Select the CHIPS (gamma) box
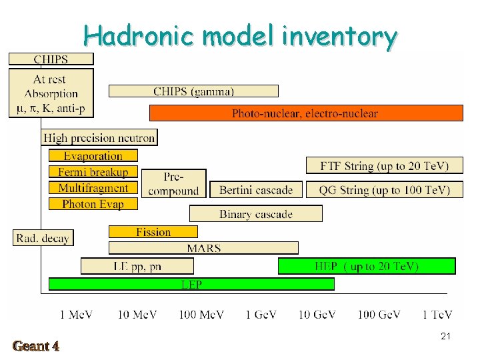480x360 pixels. click(193, 91)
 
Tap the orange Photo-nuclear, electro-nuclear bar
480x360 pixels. click(305, 113)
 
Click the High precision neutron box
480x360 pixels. click(99, 138)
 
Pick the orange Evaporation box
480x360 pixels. click(93, 156)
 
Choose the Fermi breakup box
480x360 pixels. click(93, 172)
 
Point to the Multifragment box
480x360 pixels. click(93, 188)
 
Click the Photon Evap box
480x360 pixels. click(93, 204)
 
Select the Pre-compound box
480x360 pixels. click(173, 184)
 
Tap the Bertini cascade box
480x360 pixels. click(256, 190)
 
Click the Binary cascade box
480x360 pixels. click(256, 214)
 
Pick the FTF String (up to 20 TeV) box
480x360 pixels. click(384, 165)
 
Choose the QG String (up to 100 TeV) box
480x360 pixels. click(384, 190)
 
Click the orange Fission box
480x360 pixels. click(153, 232)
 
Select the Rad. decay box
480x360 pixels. click(43, 238)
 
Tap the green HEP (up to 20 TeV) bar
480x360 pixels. click(367, 267)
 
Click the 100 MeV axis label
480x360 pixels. click(201, 315)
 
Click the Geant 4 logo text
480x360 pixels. click(36, 345)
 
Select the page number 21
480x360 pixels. click(445, 337)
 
